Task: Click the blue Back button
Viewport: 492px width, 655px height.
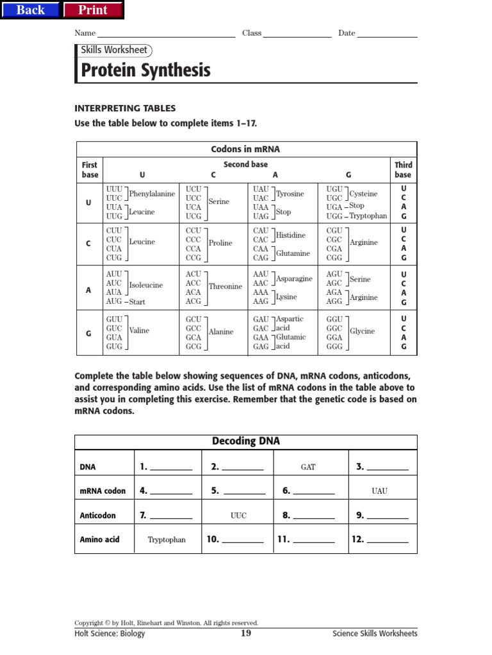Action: point(31,10)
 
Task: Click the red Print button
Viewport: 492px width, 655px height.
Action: point(93,10)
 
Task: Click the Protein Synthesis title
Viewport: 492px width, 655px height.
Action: point(145,70)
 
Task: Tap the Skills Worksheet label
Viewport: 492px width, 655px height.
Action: point(114,50)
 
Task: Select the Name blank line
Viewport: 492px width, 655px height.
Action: point(166,33)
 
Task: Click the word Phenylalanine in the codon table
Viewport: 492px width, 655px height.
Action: point(152,194)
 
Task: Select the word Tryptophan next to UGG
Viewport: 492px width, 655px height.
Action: point(368,216)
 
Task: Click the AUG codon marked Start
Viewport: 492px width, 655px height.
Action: point(113,301)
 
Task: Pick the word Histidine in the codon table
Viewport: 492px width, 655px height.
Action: point(290,235)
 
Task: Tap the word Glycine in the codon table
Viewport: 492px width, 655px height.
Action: point(362,331)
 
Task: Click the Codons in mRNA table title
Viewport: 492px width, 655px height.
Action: point(245,150)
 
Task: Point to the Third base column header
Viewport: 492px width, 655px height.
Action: point(403,170)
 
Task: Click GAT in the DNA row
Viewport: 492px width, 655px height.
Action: point(308,467)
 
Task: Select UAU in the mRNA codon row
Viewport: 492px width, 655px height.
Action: point(380,491)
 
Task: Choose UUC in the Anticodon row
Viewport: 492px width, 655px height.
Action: point(238,516)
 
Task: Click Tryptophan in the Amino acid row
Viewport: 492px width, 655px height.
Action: point(167,540)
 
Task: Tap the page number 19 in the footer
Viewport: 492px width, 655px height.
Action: point(246,633)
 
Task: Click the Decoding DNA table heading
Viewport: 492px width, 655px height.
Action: point(246,441)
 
